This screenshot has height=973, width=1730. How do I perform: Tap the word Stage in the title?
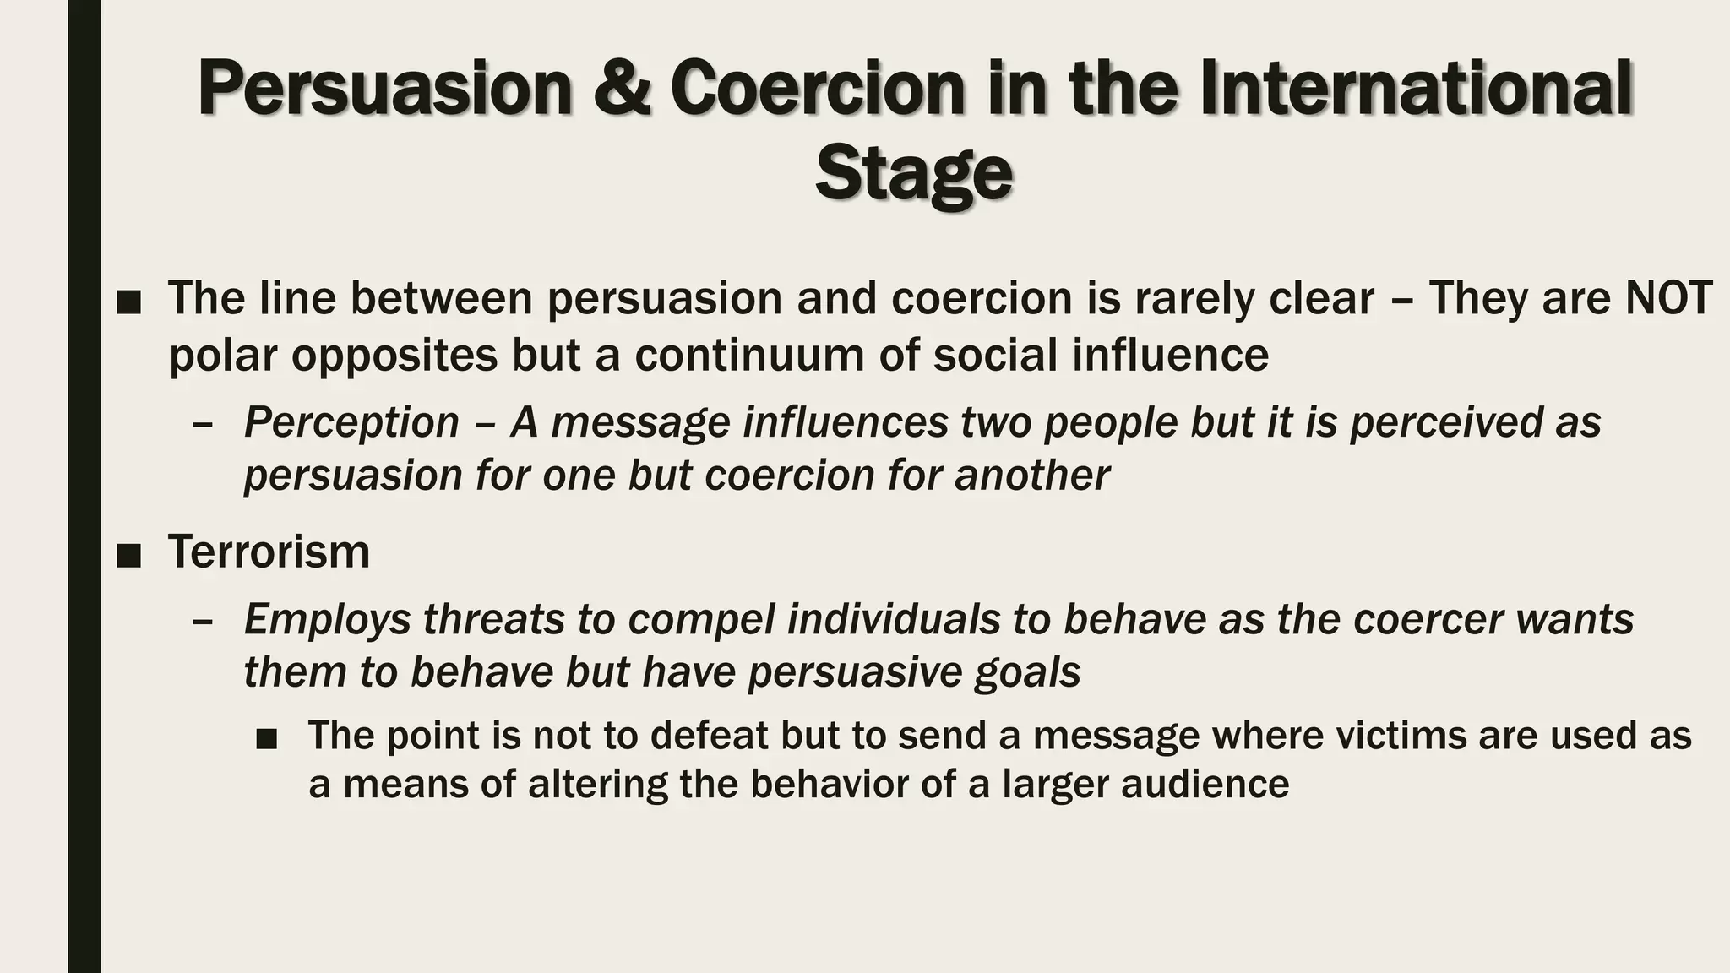click(x=913, y=174)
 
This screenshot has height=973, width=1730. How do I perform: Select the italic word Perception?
click(x=351, y=422)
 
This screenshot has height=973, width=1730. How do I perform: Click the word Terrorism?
click(x=269, y=552)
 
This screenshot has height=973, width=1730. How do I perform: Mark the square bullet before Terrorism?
click(x=128, y=555)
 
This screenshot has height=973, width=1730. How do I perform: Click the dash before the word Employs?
click(x=202, y=621)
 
